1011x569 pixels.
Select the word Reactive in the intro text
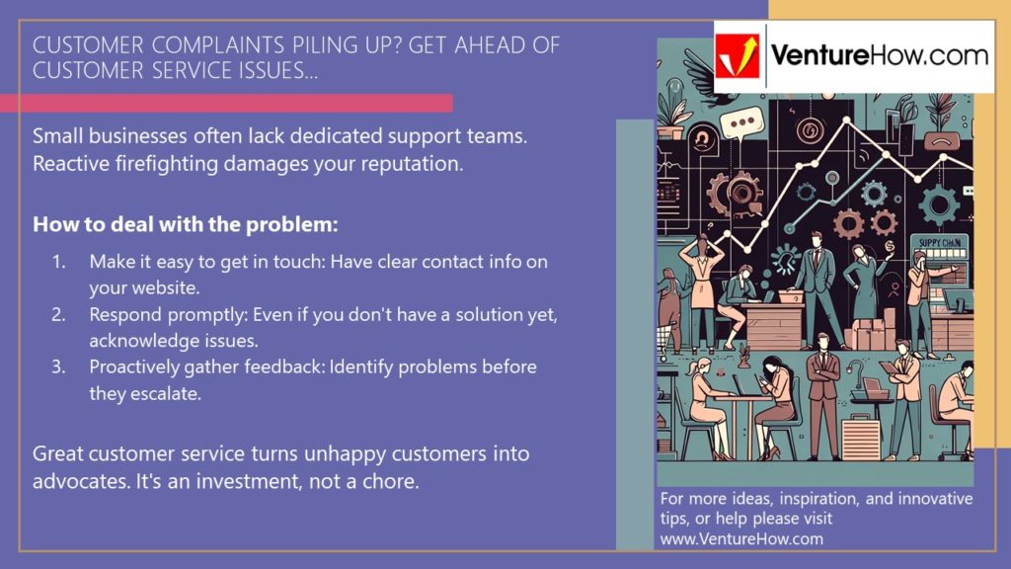click(x=69, y=164)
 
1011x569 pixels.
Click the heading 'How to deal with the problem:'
click(x=186, y=224)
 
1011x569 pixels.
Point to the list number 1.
click(x=58, y=262)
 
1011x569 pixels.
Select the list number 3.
click(x=58, y=367)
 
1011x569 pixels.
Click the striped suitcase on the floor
click(x=860, y=435)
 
